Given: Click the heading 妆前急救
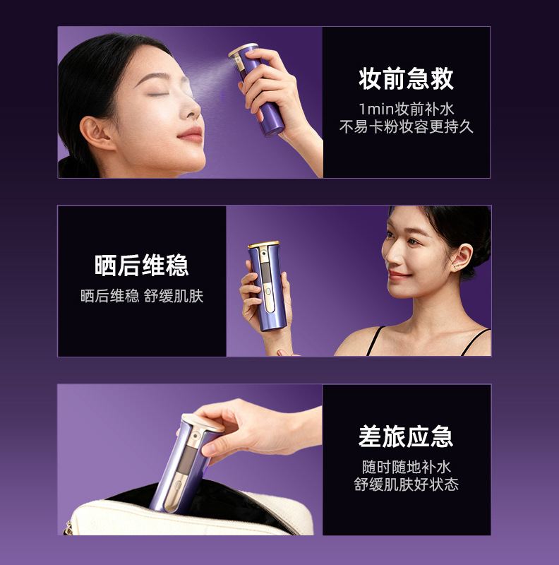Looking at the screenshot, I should (x=406, y=79).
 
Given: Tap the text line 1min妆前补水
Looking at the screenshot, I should (x=406, y=109).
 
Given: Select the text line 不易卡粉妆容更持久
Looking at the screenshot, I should (x=406, y=127).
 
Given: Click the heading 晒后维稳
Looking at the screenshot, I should (x=142, y=266).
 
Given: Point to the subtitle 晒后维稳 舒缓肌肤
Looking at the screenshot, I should (x=142, y=296).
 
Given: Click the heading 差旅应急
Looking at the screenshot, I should (x=406, y=436).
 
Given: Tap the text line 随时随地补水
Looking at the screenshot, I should (x=406, y=467).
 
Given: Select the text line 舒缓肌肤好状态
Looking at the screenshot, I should (x=406, y=484).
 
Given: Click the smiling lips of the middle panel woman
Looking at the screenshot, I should (x=399, y=274).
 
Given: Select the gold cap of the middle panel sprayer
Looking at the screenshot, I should (x=263, y=245).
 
